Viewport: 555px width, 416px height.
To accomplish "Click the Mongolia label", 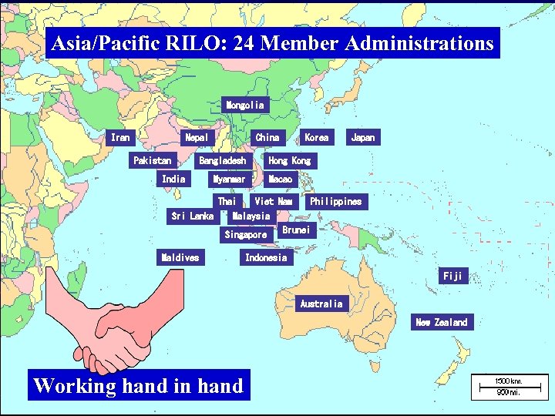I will pyautogui.click(x=244, y=104).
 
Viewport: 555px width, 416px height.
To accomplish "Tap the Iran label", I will pyautogui.click(x=120, y=137).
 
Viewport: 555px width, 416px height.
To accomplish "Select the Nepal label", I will pyautogui.click(x=197, y=137).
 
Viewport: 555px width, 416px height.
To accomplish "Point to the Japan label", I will pyautogui.click(x=362, y=137).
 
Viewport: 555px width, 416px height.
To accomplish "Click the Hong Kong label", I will pyautogui.click(x=289, y=160).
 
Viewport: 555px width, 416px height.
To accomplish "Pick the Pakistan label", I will pyautogui.click(x=153, y=160).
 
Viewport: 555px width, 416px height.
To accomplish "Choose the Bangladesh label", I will pyautogui.click(x=223, y=160).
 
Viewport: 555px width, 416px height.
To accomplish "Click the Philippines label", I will pyautogui.click(x=335, y=201).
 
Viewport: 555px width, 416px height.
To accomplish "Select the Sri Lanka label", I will pyautogui.click(x=192, y=216).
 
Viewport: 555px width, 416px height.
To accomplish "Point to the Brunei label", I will pyautogui.click(x=295, y=230).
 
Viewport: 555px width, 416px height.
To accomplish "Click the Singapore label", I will pyautogui.click(x=245, y=234).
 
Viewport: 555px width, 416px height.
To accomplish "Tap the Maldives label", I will pyautogui.click(x=180, y=257).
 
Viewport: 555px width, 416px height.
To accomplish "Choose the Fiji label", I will pyautogui.click(x=452, y=276).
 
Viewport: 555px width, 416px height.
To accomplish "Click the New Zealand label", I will pyautogui.click(x=441, y=322).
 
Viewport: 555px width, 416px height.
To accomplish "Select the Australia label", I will pyautogui.click(x=321, y=304).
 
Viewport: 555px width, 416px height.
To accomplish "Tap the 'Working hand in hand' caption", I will pyautogui.click(x=139, y=385).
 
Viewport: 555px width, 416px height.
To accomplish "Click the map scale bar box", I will pyautogui.click(x=509, y=386).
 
